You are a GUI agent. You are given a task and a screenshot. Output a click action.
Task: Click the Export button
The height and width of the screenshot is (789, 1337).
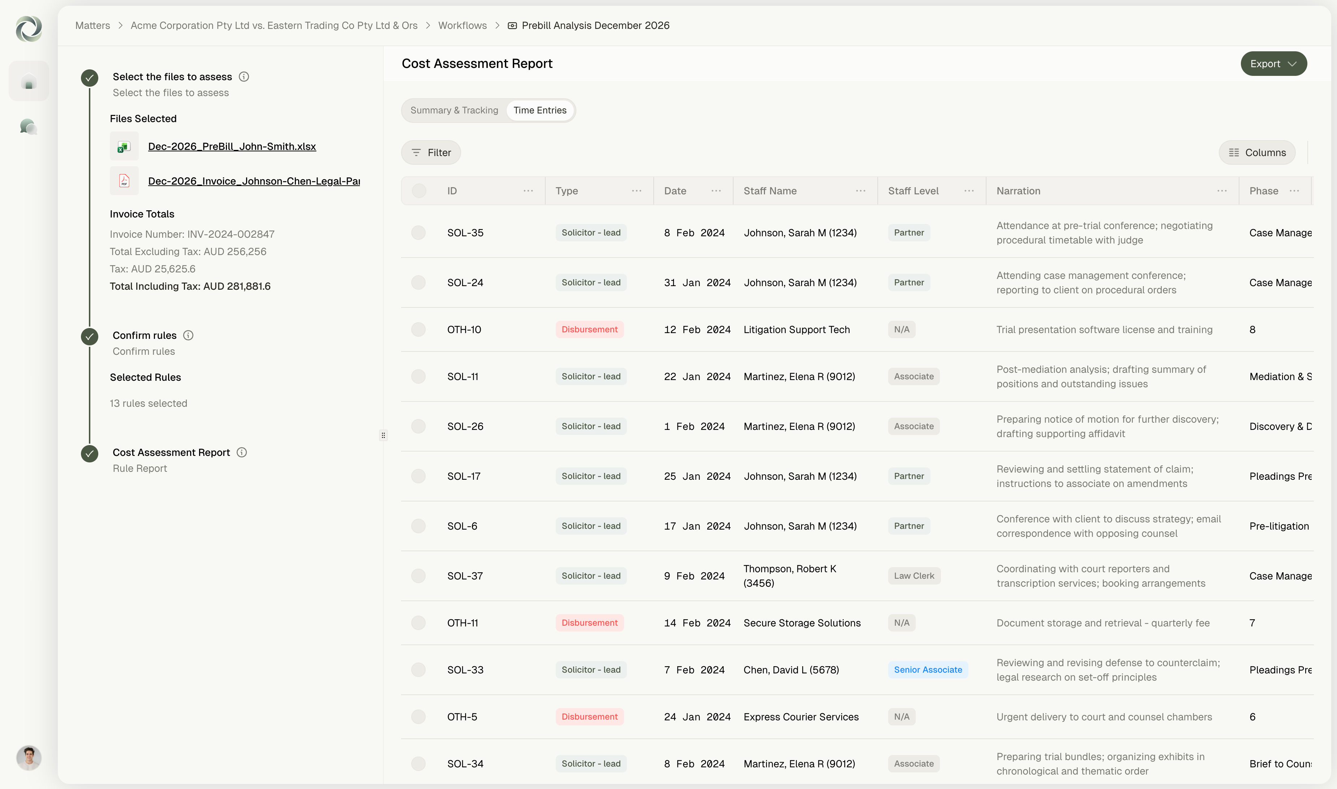tap(1273, 64)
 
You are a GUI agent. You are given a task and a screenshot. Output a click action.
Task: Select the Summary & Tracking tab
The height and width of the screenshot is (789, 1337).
tap(454, 110)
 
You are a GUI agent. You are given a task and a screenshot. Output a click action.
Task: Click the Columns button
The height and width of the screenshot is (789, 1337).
tap(1257, 152)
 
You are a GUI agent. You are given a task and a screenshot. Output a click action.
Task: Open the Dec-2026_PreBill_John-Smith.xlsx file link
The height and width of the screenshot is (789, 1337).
tap(232, 146)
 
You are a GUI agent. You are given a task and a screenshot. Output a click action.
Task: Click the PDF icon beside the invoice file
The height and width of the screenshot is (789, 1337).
tap(124, 181)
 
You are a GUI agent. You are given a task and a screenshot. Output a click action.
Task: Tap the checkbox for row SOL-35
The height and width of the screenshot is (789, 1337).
tap(418, 233)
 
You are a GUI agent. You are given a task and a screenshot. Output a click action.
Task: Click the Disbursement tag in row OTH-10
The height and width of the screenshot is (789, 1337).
tap(589, 329)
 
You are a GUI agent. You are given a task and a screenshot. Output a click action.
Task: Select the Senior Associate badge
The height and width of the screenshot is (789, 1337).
tap(928, 670)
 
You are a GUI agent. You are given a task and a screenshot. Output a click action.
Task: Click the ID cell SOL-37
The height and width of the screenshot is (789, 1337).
tap(465, 576)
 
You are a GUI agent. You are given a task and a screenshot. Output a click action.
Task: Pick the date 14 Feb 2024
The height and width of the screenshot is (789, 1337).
tap(697, 623)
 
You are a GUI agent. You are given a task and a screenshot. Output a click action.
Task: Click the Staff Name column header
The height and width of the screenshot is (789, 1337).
tap(770, 191)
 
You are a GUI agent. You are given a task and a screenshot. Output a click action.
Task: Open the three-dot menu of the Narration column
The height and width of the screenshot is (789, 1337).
tap(1222, 191)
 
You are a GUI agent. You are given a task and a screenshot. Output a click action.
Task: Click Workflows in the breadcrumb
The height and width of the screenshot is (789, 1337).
tap(462, 26)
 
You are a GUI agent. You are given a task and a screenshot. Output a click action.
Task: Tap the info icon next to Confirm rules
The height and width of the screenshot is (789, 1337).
tap(188, 336)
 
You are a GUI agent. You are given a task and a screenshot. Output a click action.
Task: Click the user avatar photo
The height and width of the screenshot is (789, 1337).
tap(29, 758)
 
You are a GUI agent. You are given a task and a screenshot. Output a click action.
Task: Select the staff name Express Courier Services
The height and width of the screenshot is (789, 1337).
tap(801, 717)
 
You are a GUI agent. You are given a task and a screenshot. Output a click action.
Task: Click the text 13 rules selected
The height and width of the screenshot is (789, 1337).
tap(149, 404)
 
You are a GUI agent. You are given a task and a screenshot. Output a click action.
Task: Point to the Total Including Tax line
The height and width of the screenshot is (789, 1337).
tap(190, 286)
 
